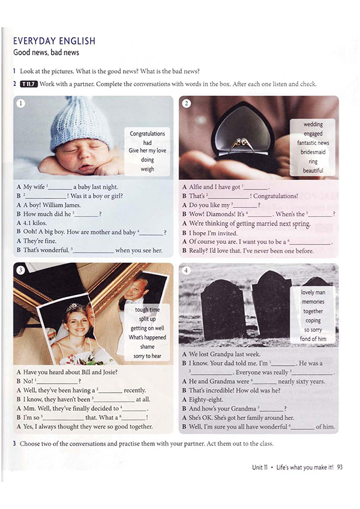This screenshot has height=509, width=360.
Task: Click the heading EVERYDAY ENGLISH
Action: pos(54,41)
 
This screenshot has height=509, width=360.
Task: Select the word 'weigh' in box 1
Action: pos(148,169)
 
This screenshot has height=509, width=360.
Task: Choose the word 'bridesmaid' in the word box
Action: pos(313,152)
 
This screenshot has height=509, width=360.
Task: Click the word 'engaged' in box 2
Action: pos(313,134)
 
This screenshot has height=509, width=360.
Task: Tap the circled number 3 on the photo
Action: pos(20,270)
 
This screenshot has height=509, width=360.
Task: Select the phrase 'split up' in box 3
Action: pos(148,319)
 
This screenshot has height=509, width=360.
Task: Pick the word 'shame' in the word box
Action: pos(148,347)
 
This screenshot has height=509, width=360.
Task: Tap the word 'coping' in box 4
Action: pos(313,320)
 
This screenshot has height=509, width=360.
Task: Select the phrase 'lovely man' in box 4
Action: pos(313,293)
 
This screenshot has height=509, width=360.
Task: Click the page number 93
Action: pos(339,466)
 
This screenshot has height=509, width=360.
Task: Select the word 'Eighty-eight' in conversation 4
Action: pos(205,399)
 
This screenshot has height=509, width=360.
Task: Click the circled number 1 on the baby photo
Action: pos(20,103)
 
